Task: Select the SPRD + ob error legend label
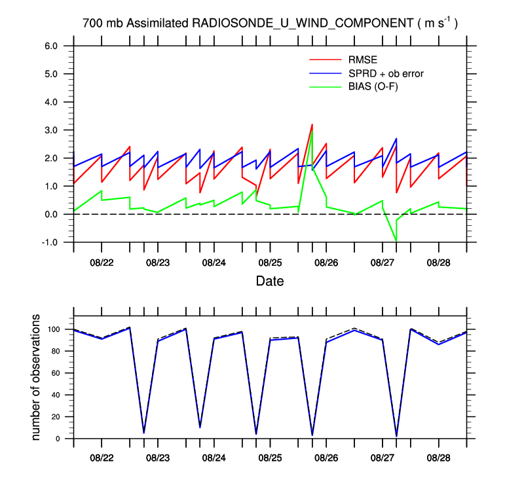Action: [x=386, y=73]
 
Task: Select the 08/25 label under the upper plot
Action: [x=270, y=263]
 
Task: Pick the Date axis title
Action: [x=270, y=282]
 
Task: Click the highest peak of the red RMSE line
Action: [x=312, y=124]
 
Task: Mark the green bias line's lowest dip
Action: [x=396, y=241]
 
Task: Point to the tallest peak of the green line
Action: [x=312, y=131]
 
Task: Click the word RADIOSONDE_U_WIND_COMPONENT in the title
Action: [x=302, y=23]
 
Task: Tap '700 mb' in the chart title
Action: [x=103, y=23]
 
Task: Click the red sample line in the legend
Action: [x=325, y=61]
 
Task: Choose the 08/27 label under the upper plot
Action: [x=383, y=263]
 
